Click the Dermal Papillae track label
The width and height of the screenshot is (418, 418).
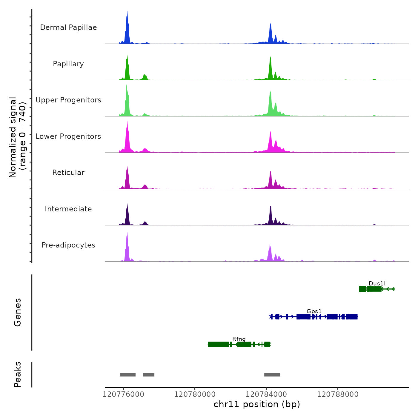click(68, 27)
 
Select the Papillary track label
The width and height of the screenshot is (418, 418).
click(68, 64)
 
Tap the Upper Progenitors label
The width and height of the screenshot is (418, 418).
click(68, 100)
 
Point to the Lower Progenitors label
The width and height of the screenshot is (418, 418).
click(68, 136)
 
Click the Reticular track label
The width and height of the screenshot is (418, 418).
click(68, 173)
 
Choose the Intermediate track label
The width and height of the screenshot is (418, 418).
click(68, 209)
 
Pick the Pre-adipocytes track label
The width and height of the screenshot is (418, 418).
click(68, 245)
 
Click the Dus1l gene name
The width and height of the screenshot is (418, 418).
click(377, 283)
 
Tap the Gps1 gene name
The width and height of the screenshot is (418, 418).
click(314, 311)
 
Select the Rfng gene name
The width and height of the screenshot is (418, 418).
click(239, 339)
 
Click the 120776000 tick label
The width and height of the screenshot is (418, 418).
click(123, 394)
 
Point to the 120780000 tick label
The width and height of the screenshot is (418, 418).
click(195, 394)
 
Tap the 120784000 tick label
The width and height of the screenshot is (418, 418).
click(266, 394)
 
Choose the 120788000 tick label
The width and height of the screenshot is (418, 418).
click(338, 394)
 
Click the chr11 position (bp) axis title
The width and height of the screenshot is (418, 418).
click(257, 404)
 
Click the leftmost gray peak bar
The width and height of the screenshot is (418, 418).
click(127, 375)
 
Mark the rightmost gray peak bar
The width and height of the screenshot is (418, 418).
click(272, 375)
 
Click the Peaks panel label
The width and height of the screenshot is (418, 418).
click(17, 374)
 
